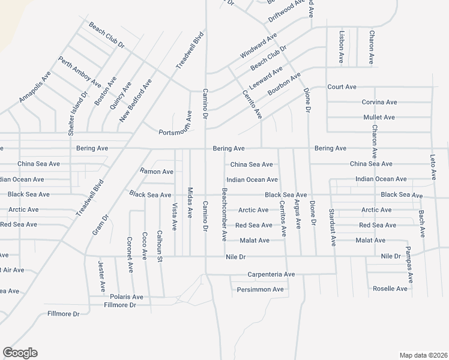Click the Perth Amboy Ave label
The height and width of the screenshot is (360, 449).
pos(75,71)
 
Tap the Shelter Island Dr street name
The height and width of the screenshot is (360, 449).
pos(84,109)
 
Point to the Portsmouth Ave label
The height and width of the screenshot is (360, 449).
pos(175,133)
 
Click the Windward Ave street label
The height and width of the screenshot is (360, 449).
pos(258,45)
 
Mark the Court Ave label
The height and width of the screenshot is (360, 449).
pos(342,87)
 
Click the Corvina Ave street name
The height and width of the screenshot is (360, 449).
pos(379,103)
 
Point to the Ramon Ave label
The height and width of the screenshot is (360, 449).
pos(157,172)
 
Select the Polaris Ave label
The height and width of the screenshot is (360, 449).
pos(126,296)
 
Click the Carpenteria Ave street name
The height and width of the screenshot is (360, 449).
pos(271,274)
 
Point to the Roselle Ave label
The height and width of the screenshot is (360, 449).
pos(390,289)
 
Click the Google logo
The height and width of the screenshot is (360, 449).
pos(20,353)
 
